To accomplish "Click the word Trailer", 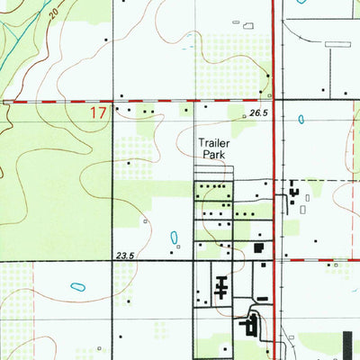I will (x=215, y=142).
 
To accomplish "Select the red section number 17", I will (x=99, y=113).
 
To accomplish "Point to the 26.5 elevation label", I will (x=258, y=113).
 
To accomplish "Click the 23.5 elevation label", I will (x=124, y=256).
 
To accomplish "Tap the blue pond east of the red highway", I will (x=301, y=118).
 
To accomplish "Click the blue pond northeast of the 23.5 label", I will (x=174, y=238).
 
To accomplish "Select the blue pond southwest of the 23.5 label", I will (x=77, y=287).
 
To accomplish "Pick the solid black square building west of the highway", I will (x=259, y=247).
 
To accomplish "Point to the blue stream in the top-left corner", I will (x=13, y=36).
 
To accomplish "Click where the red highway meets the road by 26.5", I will (x=273, y=101).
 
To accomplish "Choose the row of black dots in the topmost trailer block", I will (x=212, y=186).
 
